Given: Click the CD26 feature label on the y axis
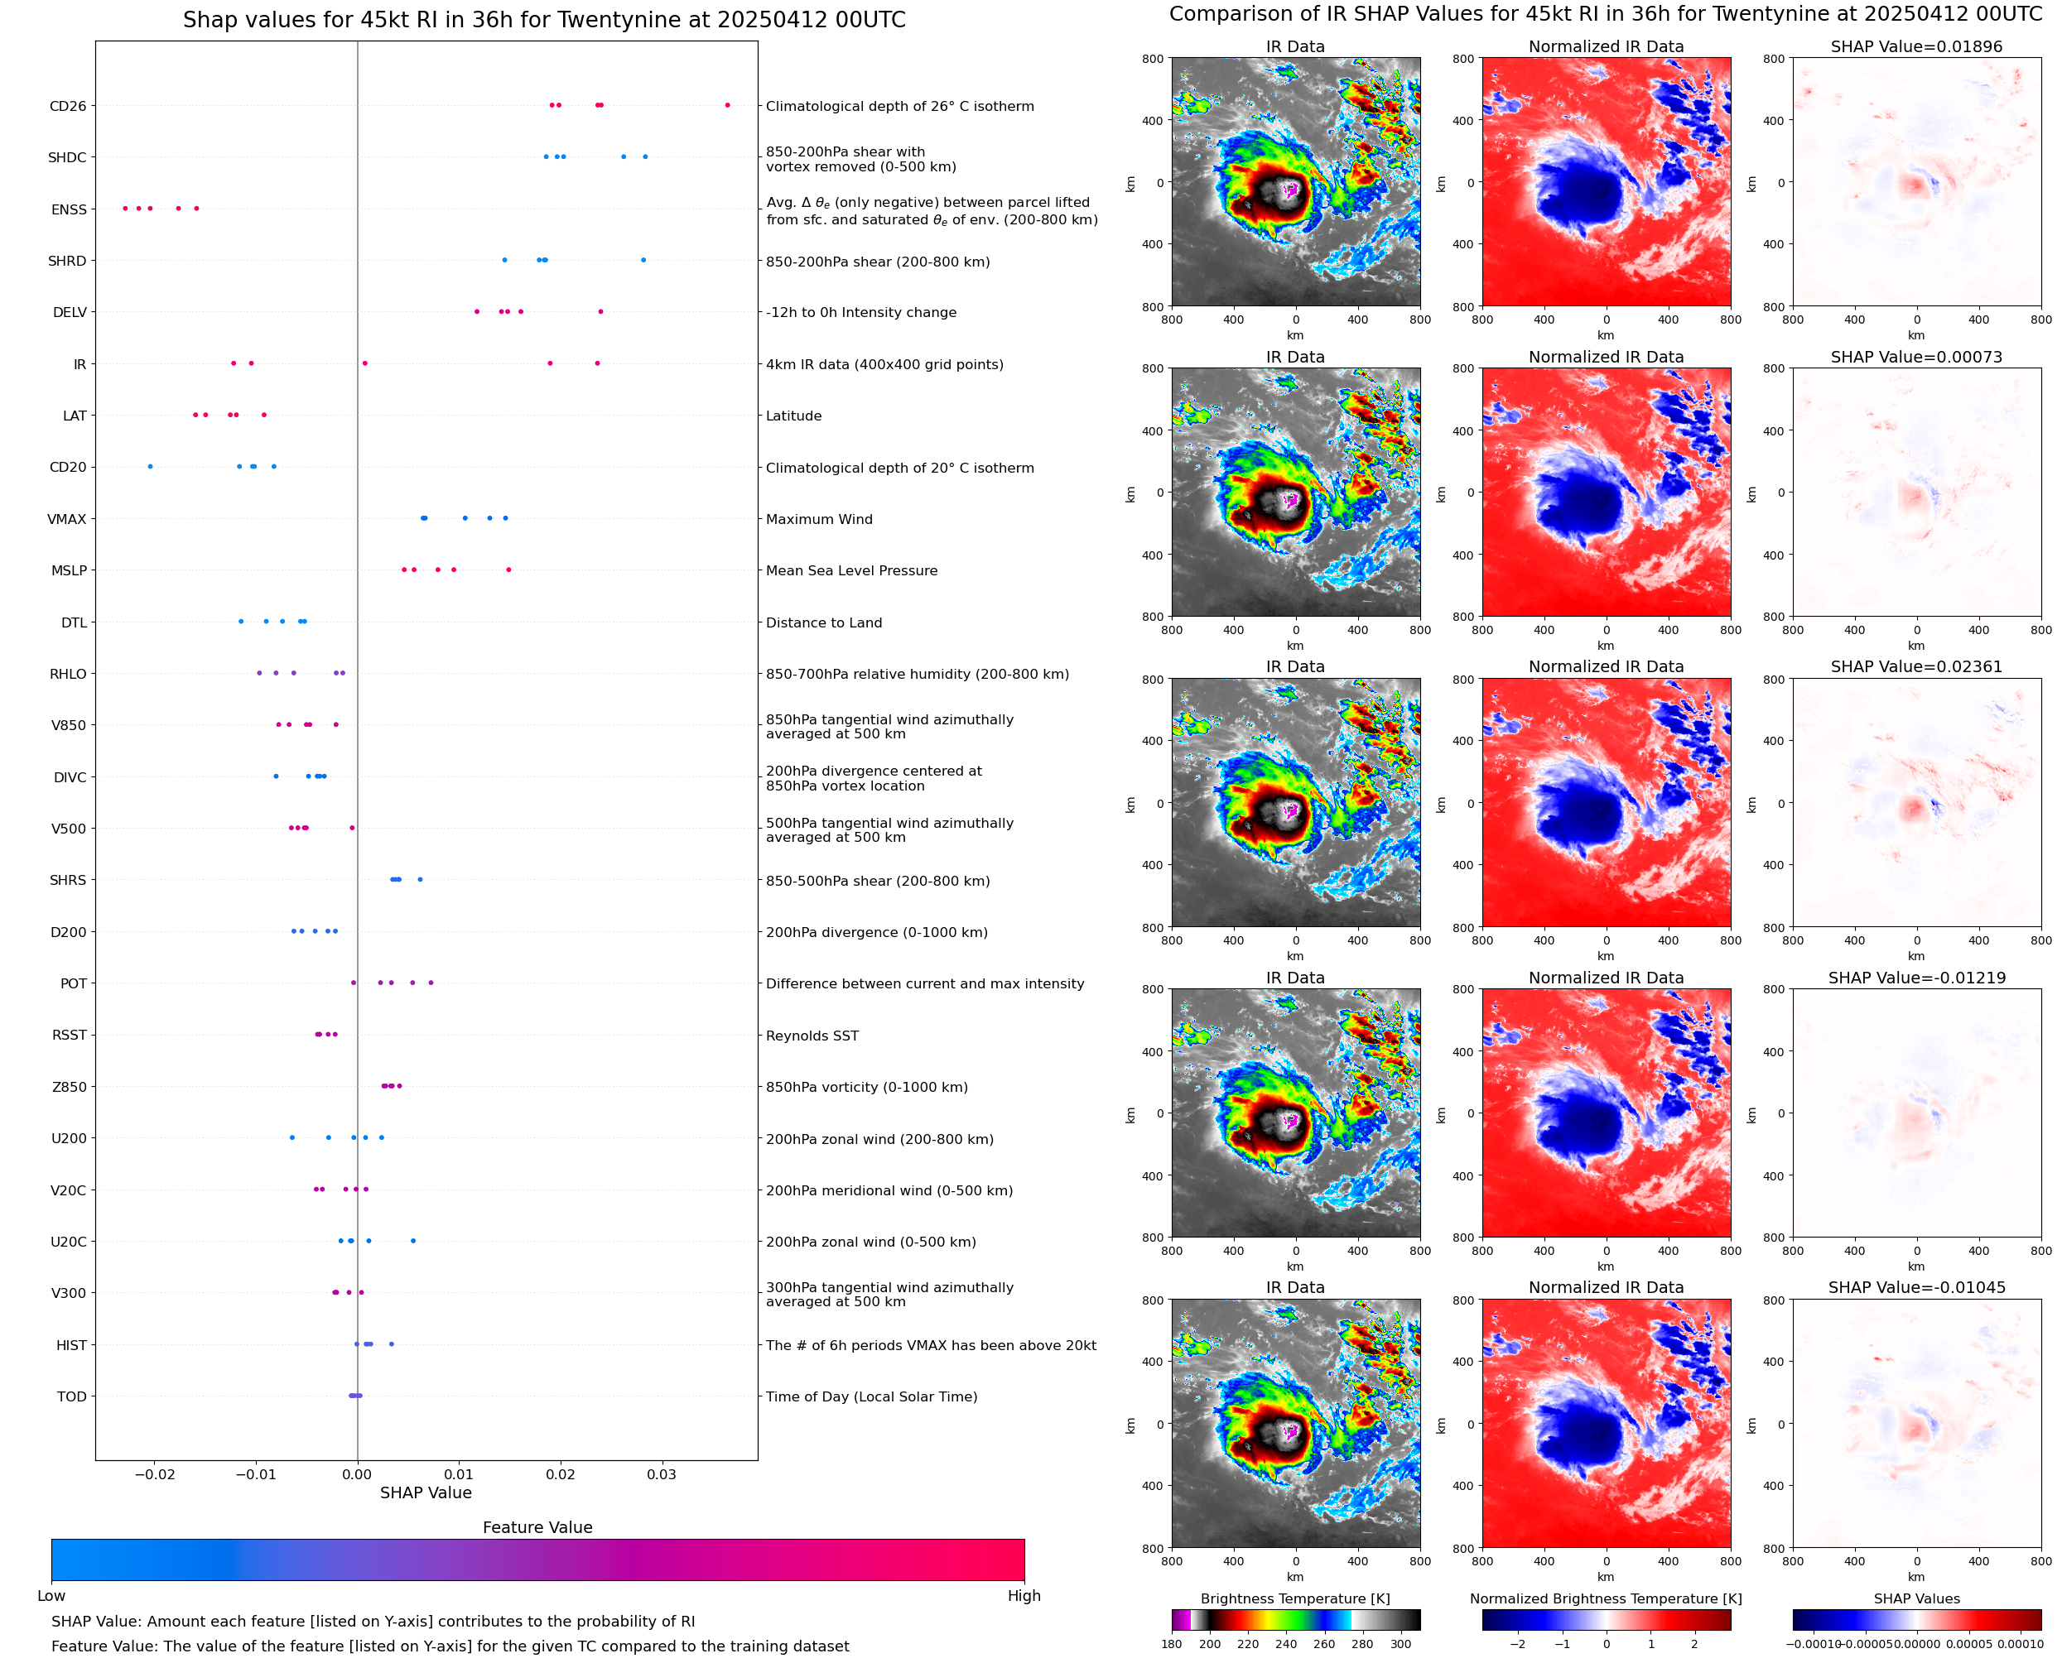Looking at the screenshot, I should [67, 106].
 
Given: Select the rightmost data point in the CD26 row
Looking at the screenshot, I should [727, 105].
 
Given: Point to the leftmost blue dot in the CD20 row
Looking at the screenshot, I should [151, 467].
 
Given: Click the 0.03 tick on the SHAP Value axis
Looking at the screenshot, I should [661, 1474].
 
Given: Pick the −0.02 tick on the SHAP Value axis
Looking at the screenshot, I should [154, 1474].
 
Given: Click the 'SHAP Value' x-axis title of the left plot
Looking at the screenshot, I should [426, 1492].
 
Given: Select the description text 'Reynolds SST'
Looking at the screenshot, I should [812, 1036].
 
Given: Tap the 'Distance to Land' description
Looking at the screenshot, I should [823, 622].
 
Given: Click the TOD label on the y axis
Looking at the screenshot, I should [72, 1396].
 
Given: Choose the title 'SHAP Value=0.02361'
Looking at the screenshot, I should [1915, 666].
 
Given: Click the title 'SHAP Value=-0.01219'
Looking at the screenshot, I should [1915, 978].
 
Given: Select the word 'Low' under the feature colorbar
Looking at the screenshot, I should [51, 1596].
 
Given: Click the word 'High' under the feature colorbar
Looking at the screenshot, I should [1024, 1596].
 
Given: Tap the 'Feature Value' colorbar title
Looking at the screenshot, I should [537, 1527].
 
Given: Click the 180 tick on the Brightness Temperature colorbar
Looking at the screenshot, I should [1172, 1644].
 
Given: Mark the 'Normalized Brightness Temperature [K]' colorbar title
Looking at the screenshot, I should [1605, 1598].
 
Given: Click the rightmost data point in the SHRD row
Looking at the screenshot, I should [643, 261].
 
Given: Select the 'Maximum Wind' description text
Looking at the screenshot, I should [818, 519].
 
